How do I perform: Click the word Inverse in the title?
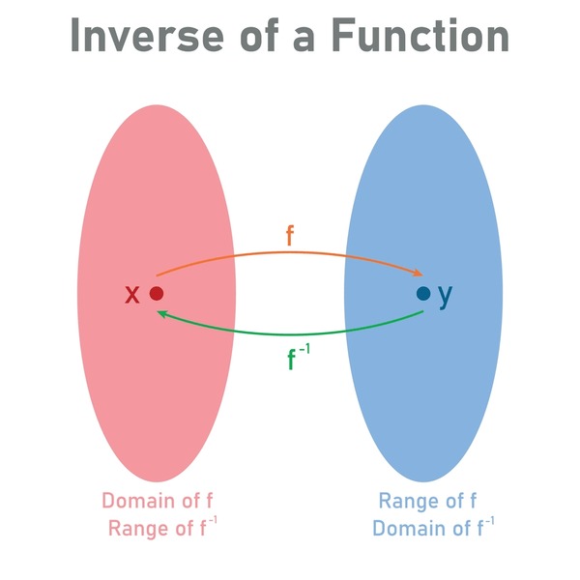point(147,35)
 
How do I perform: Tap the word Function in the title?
point(420,35)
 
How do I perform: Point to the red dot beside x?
point(157,293)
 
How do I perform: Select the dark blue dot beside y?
point(423,293)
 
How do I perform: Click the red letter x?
point(132,295)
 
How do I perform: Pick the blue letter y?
point(446,296)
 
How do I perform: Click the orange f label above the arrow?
point(290,236)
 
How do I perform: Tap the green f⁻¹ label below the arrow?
point(299,357)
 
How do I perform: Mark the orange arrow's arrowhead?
point(418,273)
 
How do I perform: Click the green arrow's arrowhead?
point(162,314)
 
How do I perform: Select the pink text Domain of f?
point(158,501)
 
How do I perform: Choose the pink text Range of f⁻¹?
point(162,528)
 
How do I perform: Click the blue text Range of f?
point(428,501)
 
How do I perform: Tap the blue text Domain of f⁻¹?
point(433,528)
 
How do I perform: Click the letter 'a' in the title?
point(304,40)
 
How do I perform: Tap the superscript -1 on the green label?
point(304,349)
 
